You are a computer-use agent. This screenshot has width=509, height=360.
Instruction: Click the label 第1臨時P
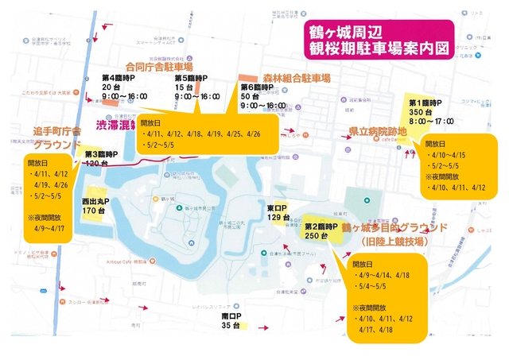point(431,103)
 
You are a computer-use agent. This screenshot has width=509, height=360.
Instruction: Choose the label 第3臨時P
point(101,153)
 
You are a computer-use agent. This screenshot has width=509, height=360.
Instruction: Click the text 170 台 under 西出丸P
point(94,211)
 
